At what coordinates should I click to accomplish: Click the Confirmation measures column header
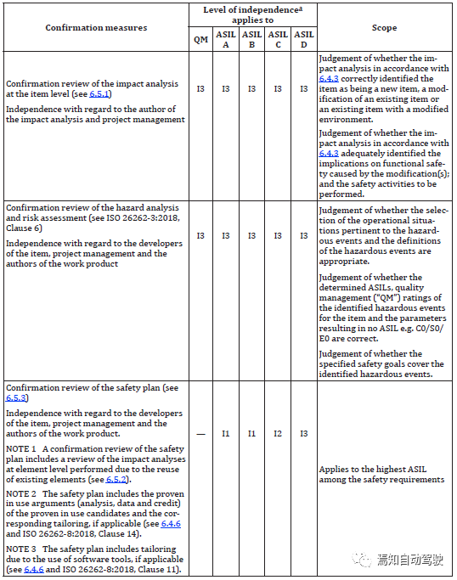[96, 28]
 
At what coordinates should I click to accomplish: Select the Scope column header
[384, 28]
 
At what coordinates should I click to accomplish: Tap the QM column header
[200, 40]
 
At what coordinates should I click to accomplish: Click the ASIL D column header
[303, 40]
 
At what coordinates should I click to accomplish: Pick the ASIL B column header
[251, 40]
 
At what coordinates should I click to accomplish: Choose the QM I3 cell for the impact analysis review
[200, 88]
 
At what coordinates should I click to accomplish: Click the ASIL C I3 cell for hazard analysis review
[278, 235]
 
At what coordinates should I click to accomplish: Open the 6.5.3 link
[16, 397]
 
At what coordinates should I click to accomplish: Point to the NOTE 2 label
[20, 493]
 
